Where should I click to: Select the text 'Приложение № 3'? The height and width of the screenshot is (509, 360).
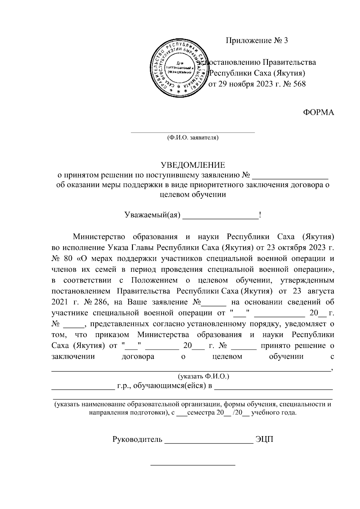coord(256,40)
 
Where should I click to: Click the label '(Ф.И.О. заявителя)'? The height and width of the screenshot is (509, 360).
coord(193,138)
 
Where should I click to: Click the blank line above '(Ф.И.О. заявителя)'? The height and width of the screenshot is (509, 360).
coord(193,132)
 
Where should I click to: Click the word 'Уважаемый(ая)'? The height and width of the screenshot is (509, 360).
coord(152,215)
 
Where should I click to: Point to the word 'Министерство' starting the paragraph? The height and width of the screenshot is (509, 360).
coord(99,237)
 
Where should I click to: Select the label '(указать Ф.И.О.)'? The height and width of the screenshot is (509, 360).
coord(204,376)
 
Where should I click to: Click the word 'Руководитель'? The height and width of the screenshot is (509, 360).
coord(137,440)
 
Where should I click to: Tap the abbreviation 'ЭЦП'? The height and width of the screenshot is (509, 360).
coord(264,440)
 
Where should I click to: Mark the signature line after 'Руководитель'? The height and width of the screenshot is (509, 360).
coord(209,443)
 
